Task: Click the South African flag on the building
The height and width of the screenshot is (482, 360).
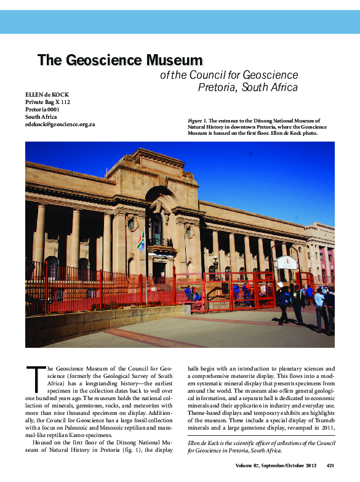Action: pyautogui.click(x=141, y=241)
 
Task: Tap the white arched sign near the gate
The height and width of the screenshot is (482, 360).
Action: pyautogui.click(x=287, y=262)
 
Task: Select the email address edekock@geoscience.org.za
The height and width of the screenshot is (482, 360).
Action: pyautogui.click(x=60, y=124)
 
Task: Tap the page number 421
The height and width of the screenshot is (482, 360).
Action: pyautogui.click(x=330, y=465)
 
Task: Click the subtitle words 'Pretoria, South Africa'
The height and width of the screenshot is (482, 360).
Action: pyautogui.click(x=247, y=87)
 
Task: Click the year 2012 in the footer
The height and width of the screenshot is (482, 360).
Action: pyautogui.click(x=308, y=465)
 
